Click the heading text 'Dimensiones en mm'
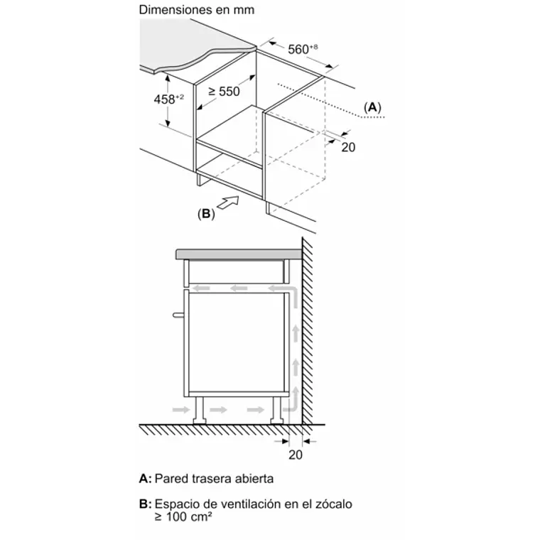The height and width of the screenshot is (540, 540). (197, 10)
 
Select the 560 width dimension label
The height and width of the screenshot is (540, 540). (303, 49)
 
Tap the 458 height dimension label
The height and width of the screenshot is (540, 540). (169, 99)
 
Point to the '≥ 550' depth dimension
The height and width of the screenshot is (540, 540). (225, 91)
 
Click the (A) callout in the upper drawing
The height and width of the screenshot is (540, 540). (372, 107)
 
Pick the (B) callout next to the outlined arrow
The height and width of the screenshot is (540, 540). (206, 214)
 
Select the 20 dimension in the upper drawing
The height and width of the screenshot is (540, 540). (348, 147)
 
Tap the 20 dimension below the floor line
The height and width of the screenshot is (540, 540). (296, 455)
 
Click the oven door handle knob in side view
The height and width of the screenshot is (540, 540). (178, 315)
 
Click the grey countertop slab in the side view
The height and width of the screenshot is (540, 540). (239, 254)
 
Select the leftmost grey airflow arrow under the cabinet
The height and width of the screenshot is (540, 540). (181, 409)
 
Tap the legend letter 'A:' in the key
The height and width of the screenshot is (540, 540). (145, 478)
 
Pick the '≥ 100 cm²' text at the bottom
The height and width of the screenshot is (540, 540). (183, 517)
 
